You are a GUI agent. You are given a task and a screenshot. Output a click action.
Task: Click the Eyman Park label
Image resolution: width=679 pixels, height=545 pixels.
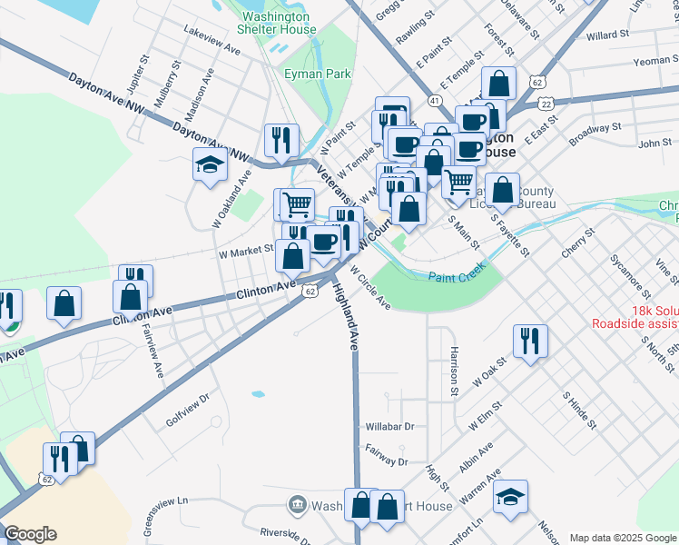coord(304,73)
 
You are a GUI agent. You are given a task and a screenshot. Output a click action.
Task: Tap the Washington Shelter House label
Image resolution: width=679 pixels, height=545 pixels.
coord(277,23)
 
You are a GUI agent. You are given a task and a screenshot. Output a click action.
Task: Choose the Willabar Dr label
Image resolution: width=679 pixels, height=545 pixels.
coord(389,425)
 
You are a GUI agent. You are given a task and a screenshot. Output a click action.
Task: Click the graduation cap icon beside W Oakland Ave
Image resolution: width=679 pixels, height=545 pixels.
coord(210,165)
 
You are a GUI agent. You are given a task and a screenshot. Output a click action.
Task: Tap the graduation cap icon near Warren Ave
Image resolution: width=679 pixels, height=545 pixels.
coord(511,496)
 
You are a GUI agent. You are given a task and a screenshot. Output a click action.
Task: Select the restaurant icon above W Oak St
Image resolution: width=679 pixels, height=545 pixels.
coord(529,341)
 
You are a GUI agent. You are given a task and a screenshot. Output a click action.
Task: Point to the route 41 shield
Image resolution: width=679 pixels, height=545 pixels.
coord(437,100)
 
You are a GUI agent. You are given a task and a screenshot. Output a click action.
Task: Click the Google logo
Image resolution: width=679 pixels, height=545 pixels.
coord(30,534)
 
